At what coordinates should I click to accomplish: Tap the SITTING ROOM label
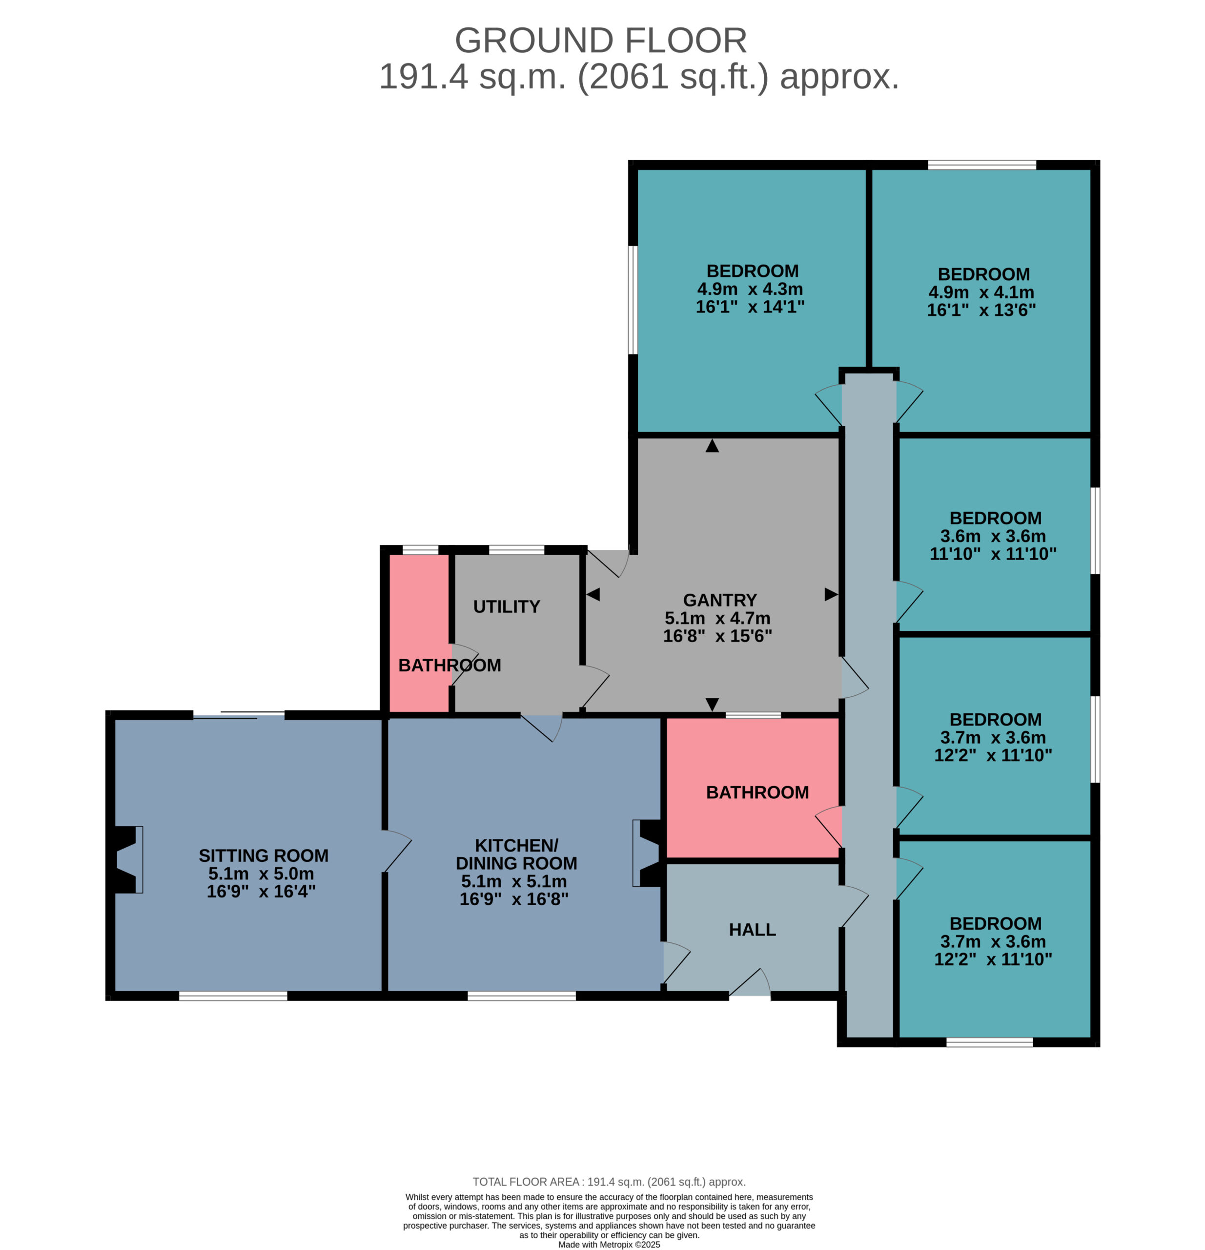264,855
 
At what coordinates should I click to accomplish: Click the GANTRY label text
720,600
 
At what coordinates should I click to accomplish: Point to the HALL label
752,929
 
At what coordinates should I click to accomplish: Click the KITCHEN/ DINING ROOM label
516,854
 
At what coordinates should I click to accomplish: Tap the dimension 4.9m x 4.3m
750,289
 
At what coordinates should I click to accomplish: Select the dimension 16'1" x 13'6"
981,310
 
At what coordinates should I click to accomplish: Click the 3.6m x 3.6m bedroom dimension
993,536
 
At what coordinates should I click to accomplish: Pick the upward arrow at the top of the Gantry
712,446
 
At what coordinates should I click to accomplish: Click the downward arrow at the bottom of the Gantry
712,704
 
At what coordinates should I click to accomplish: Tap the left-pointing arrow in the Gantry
593,594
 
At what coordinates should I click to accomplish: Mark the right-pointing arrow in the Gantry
831,594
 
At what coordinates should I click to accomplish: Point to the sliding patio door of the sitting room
239,715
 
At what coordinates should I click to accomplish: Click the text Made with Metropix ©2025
609,1244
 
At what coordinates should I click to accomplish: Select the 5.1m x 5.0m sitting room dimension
261,873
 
